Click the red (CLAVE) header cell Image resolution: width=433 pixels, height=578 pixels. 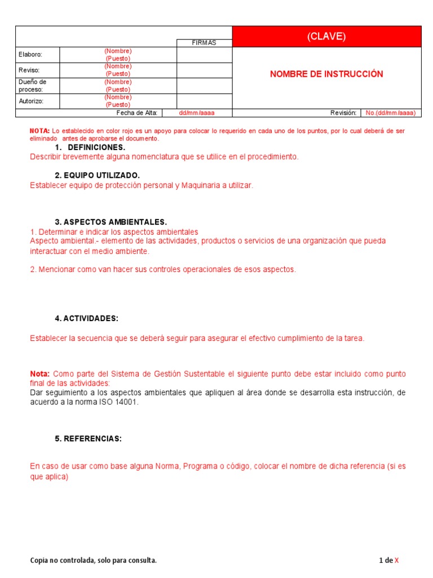326,37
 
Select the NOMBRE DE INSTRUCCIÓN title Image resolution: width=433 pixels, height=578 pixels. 326,74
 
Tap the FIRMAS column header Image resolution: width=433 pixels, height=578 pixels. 204,43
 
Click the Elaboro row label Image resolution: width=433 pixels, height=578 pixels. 30,55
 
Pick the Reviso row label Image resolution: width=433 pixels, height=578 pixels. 29,70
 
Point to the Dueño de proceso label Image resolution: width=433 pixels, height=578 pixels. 31,86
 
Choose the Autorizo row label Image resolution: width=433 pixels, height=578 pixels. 31,101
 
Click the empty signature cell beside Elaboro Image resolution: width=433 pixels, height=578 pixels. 204,55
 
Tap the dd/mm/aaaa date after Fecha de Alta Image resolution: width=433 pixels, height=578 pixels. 197,113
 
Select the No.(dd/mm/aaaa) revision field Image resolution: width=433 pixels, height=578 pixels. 390,113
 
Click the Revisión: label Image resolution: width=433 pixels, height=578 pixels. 343,113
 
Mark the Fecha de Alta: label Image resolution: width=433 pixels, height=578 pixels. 137,113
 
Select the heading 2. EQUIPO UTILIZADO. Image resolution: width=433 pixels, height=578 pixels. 97,176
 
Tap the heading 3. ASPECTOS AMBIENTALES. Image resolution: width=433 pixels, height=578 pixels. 111,222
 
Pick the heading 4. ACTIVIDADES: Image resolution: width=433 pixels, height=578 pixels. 86,318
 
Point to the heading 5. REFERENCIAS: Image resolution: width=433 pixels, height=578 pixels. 88,439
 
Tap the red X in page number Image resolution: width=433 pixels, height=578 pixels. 396,561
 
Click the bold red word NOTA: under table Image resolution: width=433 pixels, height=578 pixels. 39,131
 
